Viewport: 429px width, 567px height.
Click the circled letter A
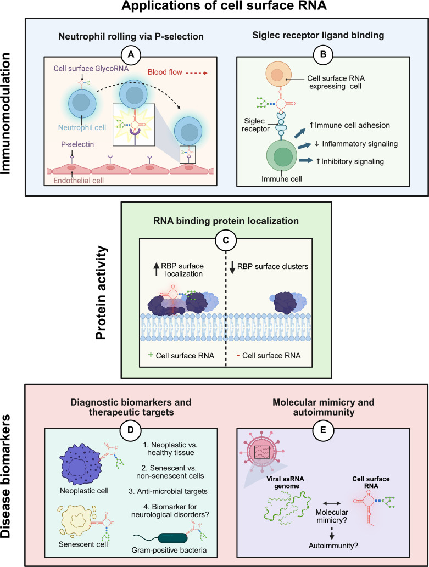tap(131, 54)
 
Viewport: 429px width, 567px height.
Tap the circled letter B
tap(323, 54)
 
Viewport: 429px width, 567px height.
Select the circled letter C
tap(226, 240)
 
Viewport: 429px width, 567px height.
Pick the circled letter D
tap(131, 430)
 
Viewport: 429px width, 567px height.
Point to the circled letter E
tap(323, 430)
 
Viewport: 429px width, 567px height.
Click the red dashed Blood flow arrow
tap(197, 73)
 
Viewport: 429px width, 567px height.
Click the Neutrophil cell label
tap(82, 128)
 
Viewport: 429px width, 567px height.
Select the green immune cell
tap(282, 155)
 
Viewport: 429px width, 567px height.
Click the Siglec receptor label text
tap(255, 125)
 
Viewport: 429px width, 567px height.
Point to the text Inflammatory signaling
tap(360, 144)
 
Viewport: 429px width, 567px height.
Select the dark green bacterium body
tap(174, 538)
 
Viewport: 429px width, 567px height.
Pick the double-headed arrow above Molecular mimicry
tap(332, 503)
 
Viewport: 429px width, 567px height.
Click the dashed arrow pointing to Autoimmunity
tap(332, 533)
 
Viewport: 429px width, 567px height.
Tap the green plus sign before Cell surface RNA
tap(151, 355)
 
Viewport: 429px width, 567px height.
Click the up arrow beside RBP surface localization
tap(157, 270)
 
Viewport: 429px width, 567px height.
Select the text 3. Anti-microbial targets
tap(168, 491)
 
